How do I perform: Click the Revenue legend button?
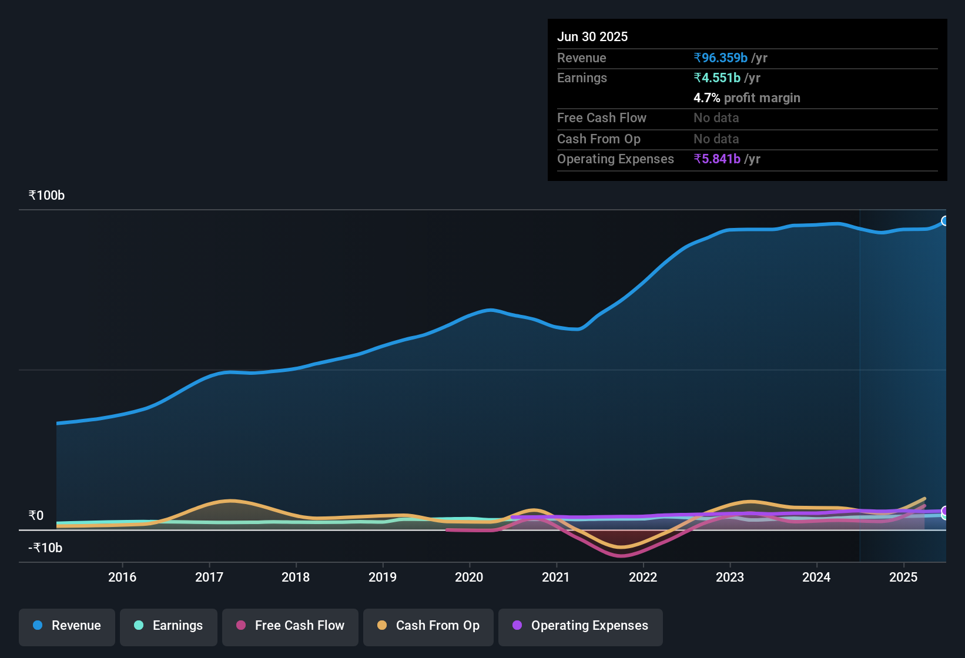coord(67,626)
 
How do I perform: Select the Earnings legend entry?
coord(169,626)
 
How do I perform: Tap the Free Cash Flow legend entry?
coord(290,626)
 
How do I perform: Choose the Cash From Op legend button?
coord(428,626)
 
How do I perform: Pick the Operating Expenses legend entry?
coord(581,626)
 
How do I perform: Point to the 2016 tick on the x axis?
coord(122,577)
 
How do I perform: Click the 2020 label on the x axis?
coord(469,577)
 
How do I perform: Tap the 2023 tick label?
coord(729,577)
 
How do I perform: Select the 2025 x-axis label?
coord(903,577)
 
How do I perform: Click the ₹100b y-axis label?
coord(46,195)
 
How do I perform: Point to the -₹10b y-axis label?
coord(45,548)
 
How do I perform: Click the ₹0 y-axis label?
coord(36,515)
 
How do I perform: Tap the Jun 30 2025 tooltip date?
coord(592,36)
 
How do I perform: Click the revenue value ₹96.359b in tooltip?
coord(721,58)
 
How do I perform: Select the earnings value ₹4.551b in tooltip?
coord(717,78)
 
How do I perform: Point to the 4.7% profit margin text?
coord(746,98)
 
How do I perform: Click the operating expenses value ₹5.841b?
coord(717,159)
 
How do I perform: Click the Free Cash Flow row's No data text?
coord(716,117)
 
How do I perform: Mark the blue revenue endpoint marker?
coord(945,221)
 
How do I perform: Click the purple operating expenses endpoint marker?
coord(945,511)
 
